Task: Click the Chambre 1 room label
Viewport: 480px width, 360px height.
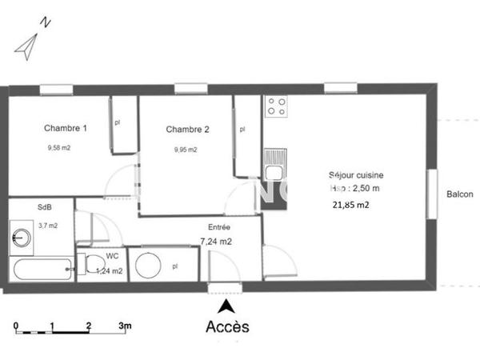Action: click(66, 128)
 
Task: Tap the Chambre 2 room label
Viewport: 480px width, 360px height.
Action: click(187, 130)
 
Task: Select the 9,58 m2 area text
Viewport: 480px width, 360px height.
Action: click(59, 147)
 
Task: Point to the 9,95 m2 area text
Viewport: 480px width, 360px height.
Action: click(186, 150)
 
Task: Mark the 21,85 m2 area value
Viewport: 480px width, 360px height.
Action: click(351, 204)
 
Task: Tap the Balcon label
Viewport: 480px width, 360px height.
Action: click(459, 194)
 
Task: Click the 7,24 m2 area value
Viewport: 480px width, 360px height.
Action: click(216, 241)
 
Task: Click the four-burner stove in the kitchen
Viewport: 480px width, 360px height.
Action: click(276, 107)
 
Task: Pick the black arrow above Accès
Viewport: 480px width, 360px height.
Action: click(227, 305)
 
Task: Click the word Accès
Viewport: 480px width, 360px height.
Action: click(227, 326)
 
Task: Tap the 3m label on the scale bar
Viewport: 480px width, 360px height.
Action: click(124, 326)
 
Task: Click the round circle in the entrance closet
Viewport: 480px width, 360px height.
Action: click(148, 265)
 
